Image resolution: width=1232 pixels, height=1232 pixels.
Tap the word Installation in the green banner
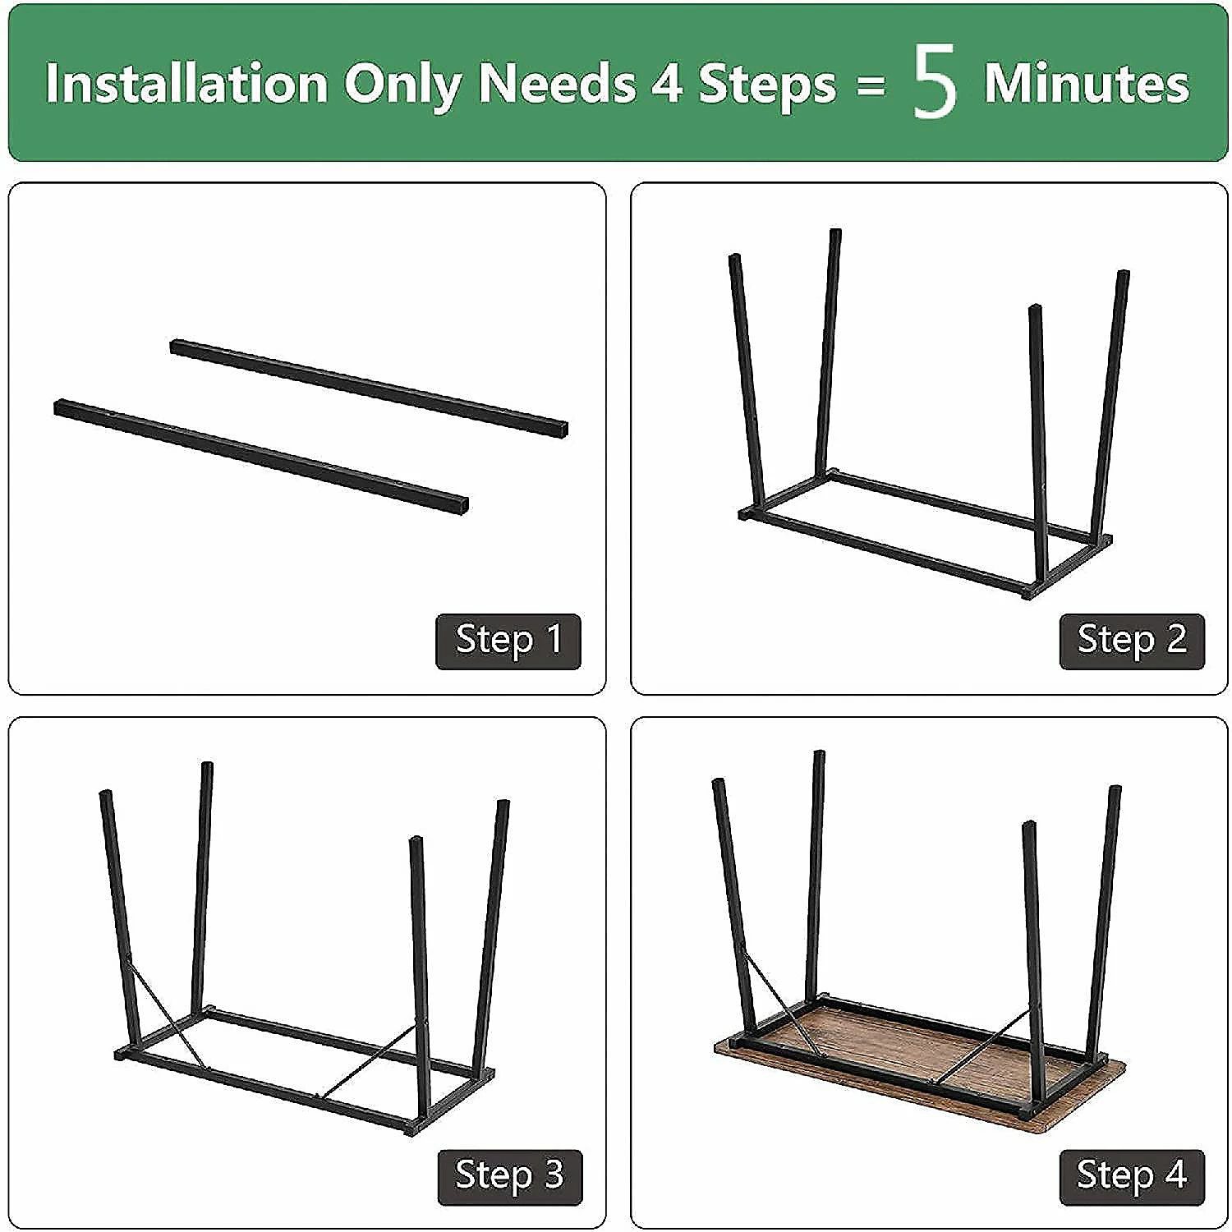pos(186,83)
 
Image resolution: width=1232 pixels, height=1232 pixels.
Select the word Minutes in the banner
pos(1086,83)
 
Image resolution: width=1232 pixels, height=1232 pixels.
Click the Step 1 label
pos(508,641)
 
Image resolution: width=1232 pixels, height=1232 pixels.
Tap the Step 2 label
pos(1132,641)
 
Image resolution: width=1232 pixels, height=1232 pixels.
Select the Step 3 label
pos(509,1177)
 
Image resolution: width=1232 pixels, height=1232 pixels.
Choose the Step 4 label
pos(1132,1177)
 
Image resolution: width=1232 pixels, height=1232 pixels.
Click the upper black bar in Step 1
pos(369,387)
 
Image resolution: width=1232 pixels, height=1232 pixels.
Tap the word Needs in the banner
pos(556,84)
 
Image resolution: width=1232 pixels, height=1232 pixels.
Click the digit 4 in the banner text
pos(666,84)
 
